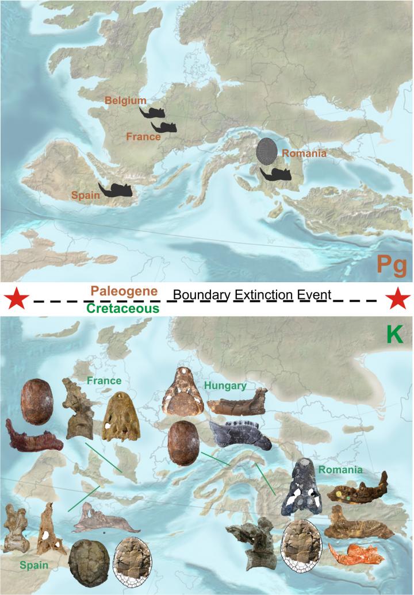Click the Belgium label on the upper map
[125, 101]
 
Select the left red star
[16, 299]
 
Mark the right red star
[397, 299]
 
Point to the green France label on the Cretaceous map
[103, 381]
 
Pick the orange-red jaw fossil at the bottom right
[351, 552]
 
